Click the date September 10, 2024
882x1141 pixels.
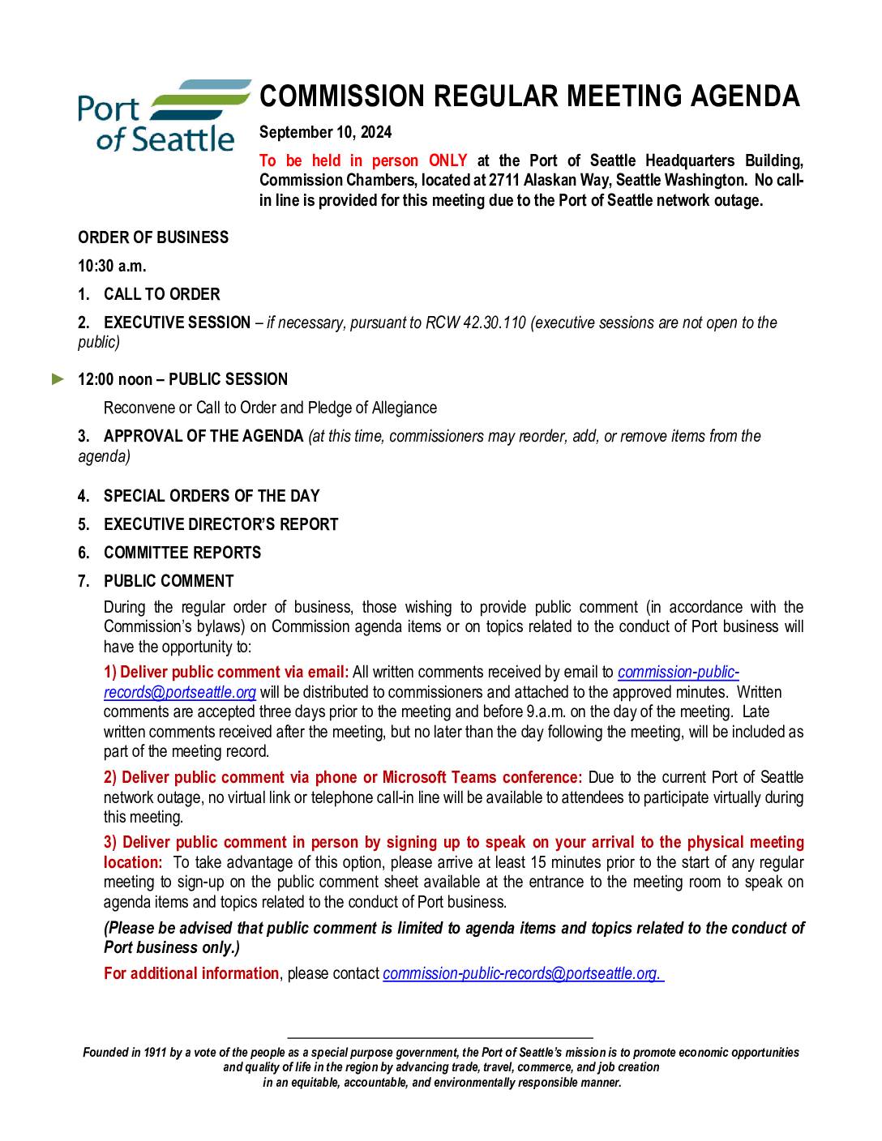(x=325, y=133)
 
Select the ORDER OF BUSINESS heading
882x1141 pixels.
(x=153, y=237)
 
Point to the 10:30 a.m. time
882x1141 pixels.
(x=112, y=266)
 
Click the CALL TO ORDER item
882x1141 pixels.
(x=161, y=294)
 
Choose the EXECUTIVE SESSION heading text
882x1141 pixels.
(x=177, y=323)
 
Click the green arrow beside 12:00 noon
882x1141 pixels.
(x=58, y=378)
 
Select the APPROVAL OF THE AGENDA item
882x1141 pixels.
(x=203, y=436)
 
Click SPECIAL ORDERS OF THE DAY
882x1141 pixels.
(x=212, y=496)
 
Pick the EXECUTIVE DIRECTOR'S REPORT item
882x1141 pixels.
(x=220, y=524)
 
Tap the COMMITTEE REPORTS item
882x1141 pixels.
(x=182, y=553)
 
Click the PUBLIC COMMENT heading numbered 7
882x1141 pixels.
(x=169, y=581)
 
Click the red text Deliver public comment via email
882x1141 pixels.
(x=234, y=672)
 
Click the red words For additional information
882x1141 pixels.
(x=191, y=973)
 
